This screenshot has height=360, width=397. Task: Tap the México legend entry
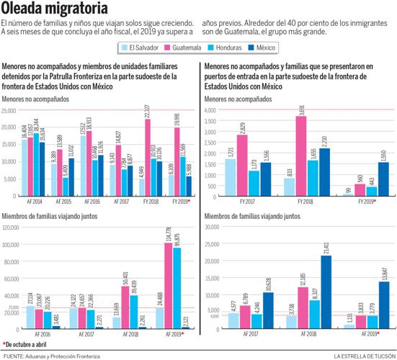click(265, 48)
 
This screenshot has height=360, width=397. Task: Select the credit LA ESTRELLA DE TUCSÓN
click(363, 355)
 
